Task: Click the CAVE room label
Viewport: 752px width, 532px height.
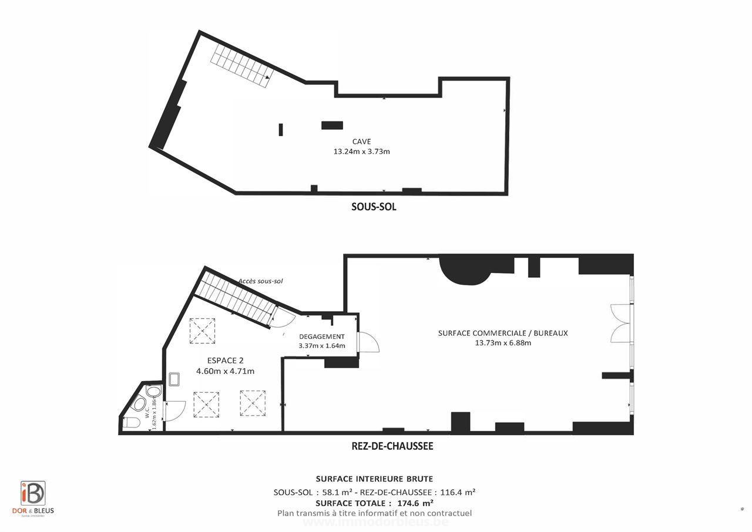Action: (x=361, y=142)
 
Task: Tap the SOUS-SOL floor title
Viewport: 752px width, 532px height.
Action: (x=374, y=207)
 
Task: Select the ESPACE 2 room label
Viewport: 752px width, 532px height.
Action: (x=225, y=361)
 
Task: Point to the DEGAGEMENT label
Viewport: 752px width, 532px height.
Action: (x=321, y=336)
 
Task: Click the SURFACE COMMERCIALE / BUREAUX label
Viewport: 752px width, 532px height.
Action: (x=503, y=333)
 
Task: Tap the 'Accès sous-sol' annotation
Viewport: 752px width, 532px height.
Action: (x=261, y=281)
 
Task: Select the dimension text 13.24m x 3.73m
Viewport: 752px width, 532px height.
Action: (x=361, y=151)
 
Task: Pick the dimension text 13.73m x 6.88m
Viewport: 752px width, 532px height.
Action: (x=503, y=343)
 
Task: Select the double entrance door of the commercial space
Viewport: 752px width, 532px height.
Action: (x=621, y=323)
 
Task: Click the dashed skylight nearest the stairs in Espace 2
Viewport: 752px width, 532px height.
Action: (x=202, y=331)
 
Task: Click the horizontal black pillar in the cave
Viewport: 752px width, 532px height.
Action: (x=332, y=125)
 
